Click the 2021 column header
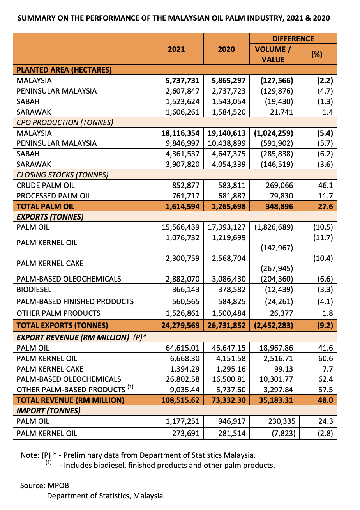coord(176,49)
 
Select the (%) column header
coord(316,54)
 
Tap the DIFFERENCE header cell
coord(293,39)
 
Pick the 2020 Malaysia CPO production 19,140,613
coord(226,133)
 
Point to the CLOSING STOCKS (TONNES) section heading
coord(62,175)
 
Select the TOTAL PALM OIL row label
coord(46,206)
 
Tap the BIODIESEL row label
coord(34,290)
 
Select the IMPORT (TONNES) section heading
coord(48,410)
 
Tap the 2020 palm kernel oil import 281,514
coord(231,433)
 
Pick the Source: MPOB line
coord(44,485)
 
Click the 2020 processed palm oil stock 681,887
coord(231,196)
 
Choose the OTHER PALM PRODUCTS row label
coord(58,313)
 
